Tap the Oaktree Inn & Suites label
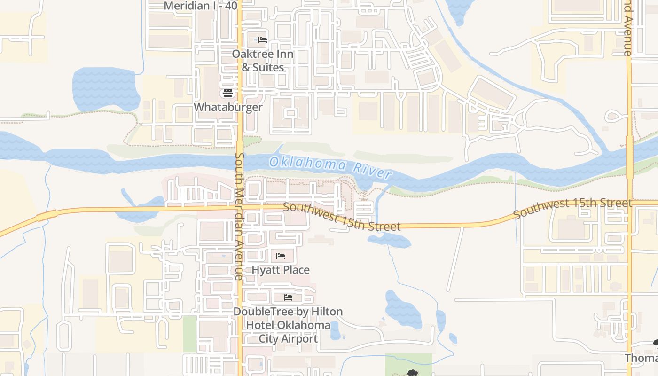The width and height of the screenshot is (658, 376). [x=262, y=61]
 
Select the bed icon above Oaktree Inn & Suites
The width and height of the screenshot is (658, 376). [x=263, y=40]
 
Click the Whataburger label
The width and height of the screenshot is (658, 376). [x=228, y=107]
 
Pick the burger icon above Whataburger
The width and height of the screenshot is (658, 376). [x=228, y=93]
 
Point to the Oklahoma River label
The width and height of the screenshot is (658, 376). [x=330, y=168]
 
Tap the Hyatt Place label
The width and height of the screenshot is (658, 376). [x=281, y=270]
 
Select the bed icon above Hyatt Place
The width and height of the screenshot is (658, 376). [x=281, y=256]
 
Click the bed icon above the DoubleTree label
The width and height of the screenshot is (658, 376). [x=288, y=298]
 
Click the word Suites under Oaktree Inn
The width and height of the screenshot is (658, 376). [x=268, y=68]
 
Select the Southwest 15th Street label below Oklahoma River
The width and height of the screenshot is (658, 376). [x=342, y=217]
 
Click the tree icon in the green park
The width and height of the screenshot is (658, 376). [x=413, y=373]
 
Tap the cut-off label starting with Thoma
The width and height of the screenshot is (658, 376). [x=641, y=358]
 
